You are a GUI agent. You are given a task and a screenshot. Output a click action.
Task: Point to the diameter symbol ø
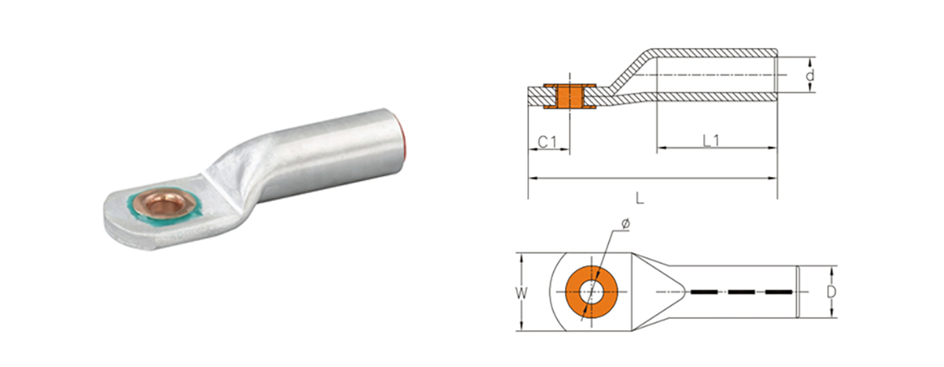coord(625,225)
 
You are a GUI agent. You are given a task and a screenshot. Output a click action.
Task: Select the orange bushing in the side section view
coord(568,95)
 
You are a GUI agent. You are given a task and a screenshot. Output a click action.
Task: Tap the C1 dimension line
coord(548,152)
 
